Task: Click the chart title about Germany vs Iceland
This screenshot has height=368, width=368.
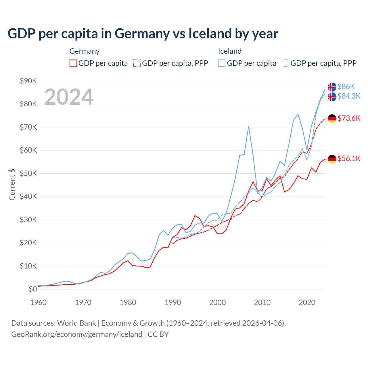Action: point(143,34)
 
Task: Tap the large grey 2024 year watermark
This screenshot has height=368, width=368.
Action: point(69,97)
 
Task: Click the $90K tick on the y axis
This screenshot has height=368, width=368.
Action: point(28,81)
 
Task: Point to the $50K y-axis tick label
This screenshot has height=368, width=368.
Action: point(28,173)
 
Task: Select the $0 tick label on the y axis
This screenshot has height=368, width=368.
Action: point(33,289)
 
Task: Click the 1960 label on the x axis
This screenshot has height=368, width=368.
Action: point(38,302)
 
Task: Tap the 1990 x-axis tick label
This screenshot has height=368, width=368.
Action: point(173,302)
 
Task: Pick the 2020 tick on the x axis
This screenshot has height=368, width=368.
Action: point(307,302)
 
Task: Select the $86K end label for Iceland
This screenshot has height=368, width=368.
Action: point(346,87)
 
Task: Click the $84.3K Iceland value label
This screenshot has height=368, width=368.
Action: point(349,96)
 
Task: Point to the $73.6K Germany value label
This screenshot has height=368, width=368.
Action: point(349,118)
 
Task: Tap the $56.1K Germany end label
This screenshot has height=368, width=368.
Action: point(349,158)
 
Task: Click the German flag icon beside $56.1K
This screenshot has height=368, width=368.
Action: point(332,159)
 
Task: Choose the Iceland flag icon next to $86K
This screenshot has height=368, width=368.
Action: point(332,87)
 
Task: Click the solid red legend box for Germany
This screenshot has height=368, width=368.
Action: point(73,63)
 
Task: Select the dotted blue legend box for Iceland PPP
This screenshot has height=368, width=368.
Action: point(285,63)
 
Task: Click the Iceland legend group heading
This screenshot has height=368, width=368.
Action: point(230,51)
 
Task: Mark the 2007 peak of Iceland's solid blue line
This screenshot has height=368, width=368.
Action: point(248,126)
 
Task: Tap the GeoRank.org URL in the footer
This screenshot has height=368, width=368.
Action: point(77,334)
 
